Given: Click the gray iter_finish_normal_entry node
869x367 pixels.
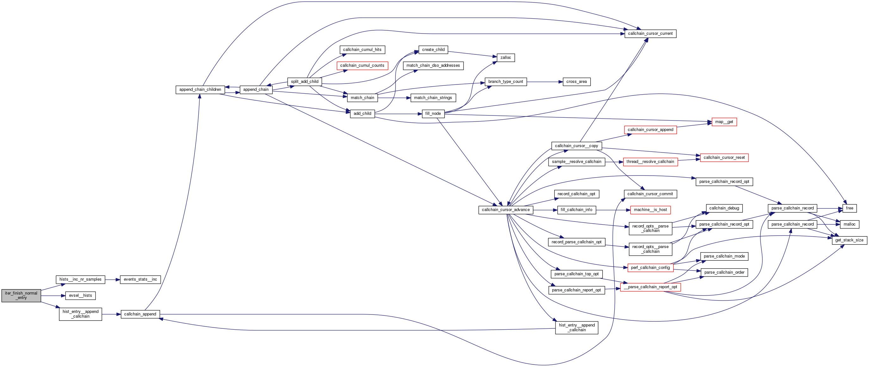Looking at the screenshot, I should coord(21,295).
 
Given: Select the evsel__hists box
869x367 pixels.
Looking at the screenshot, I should coord(80,295).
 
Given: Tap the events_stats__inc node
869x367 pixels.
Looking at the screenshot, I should coord(140,279).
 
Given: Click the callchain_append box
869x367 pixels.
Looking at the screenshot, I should coord(140,314).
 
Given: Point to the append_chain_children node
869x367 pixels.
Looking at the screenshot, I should coord(200,90).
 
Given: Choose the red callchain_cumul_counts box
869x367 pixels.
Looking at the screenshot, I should coord(362,66).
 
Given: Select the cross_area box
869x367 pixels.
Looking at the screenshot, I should coord(576,82).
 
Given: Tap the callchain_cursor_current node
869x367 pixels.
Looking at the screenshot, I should coord(650,34).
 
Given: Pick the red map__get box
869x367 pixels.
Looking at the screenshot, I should coord(724,122).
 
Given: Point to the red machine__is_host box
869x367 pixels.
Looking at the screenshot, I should coord(650,210).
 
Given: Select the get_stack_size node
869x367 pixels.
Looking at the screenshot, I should coord(849,240).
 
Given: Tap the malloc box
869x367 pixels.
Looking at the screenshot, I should coord(849,224).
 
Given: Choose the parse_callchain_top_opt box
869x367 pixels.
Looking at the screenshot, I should coord(576,274).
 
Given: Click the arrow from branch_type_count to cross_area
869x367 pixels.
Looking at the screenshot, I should coord(544,82).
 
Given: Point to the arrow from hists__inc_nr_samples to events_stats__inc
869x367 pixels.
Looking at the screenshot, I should coord(112,280).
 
